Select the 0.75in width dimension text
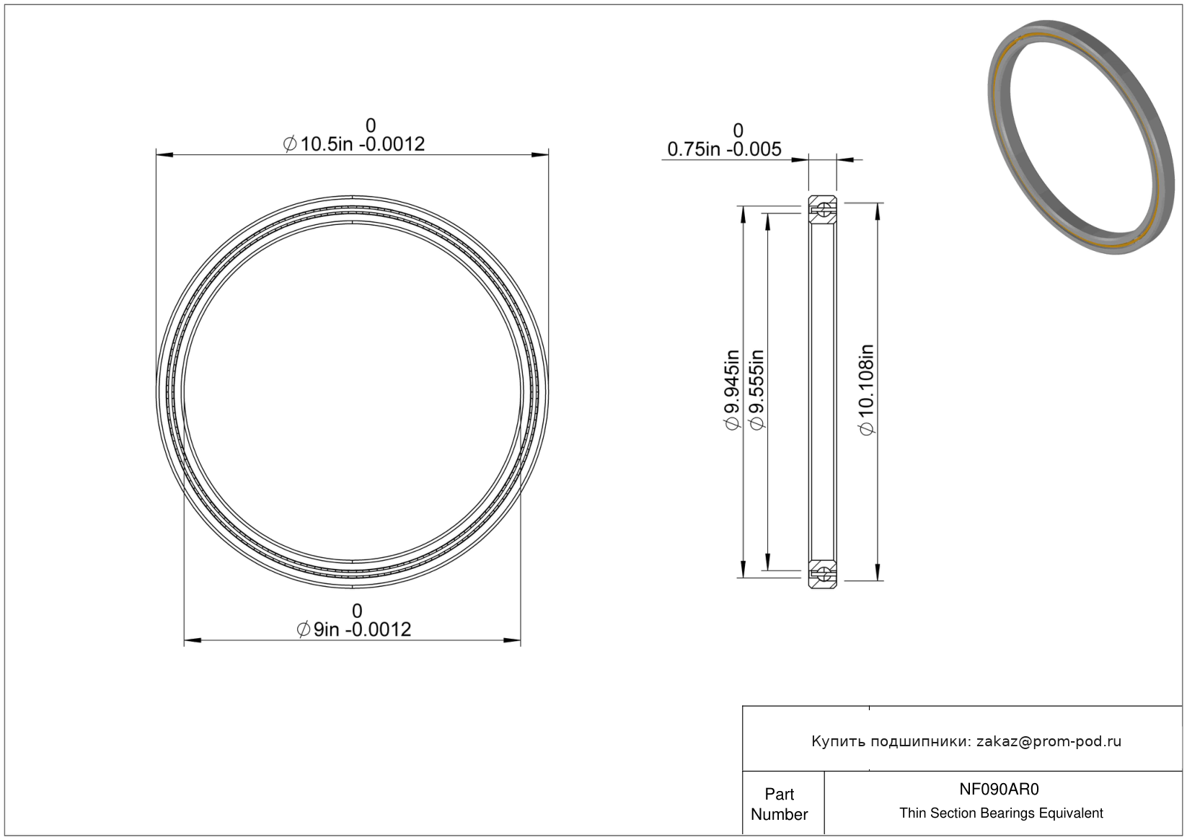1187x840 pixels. point(724,149)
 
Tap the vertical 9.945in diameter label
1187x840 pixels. point(732,390)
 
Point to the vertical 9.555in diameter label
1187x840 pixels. point(757,390)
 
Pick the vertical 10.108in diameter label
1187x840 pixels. point(866,390)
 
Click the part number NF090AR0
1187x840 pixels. point(999,789)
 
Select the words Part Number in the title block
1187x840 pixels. point(779,804)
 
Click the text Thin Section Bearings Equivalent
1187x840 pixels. point(1001,813)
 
